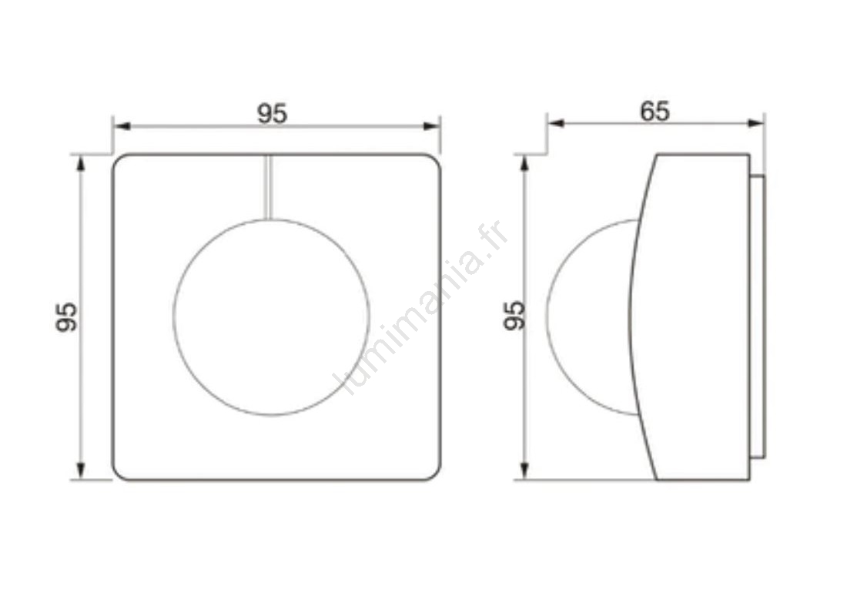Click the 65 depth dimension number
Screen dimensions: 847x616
[x=654, y=112]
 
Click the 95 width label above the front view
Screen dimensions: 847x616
[x=272, y=113]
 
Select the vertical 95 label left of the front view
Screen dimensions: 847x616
[x=67, y=317]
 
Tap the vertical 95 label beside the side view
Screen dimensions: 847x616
[x=514, y=316]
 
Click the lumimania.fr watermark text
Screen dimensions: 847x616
[x=422, y=309]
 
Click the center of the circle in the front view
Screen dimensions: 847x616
[x=271, y=317]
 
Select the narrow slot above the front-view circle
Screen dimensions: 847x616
[x=268, y=187]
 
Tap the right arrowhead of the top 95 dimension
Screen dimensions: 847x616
[x=431, y=126]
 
